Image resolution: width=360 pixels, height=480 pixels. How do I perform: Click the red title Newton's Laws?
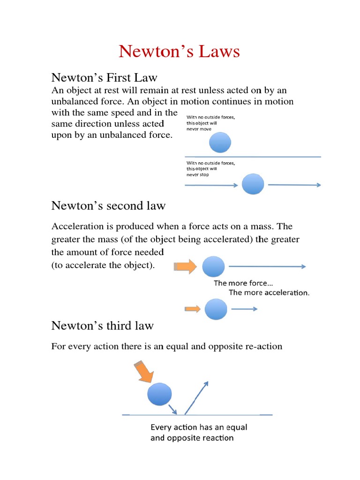click(179, 51)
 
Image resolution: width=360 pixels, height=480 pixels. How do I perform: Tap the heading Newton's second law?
click(108, 206)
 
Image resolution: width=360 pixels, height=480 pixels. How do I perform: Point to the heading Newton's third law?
click(102, 325)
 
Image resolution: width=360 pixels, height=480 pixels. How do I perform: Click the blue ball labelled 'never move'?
click(220, 142)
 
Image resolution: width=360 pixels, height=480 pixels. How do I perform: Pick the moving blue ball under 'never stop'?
click(253, 184)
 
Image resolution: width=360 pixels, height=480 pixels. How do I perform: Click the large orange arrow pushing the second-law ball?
click(185, 267)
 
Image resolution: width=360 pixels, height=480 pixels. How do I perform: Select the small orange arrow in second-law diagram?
click(193, 308)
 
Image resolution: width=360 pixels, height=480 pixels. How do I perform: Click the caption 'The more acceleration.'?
click(269, 293)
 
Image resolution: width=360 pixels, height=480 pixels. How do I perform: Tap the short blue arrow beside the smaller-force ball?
click(244, 309)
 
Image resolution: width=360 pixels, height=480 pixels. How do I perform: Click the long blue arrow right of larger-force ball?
click(267, 267)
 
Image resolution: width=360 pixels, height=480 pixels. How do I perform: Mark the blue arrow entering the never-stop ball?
click(212, 185)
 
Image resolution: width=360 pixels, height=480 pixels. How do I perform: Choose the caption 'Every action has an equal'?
click(198, 427)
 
